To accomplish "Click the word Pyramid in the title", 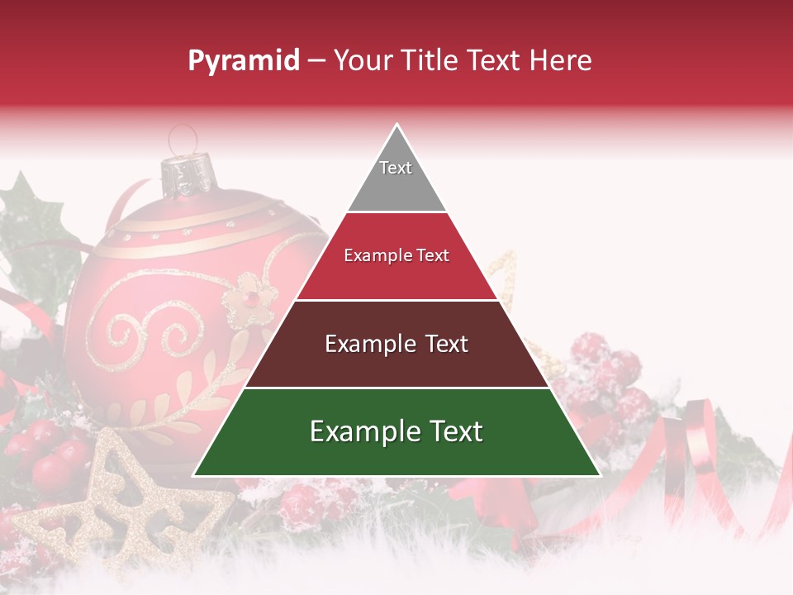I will click(x=244, y=61).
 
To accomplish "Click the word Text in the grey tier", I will click(x=396, y=168).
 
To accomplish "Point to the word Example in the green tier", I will click(x=359, y=431).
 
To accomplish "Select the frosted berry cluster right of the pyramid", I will click(x=607, y=372).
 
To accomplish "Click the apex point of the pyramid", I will click(x=397, y=126).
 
